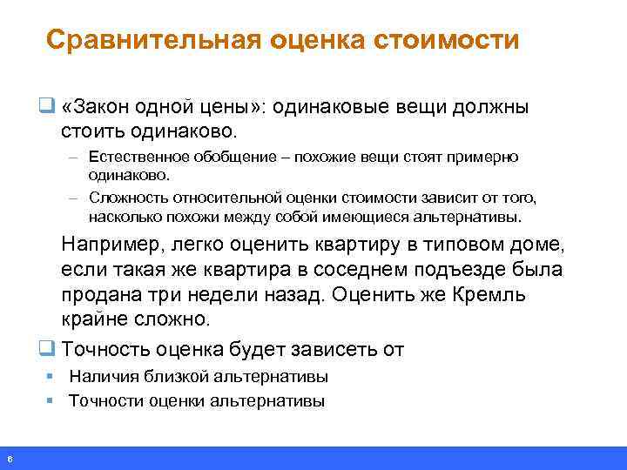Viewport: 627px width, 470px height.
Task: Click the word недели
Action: pos(231,294)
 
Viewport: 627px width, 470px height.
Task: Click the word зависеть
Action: pos(333,350)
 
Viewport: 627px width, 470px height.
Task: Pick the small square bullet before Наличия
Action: pos(51,377)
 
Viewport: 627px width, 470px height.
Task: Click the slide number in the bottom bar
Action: pos(9,459)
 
